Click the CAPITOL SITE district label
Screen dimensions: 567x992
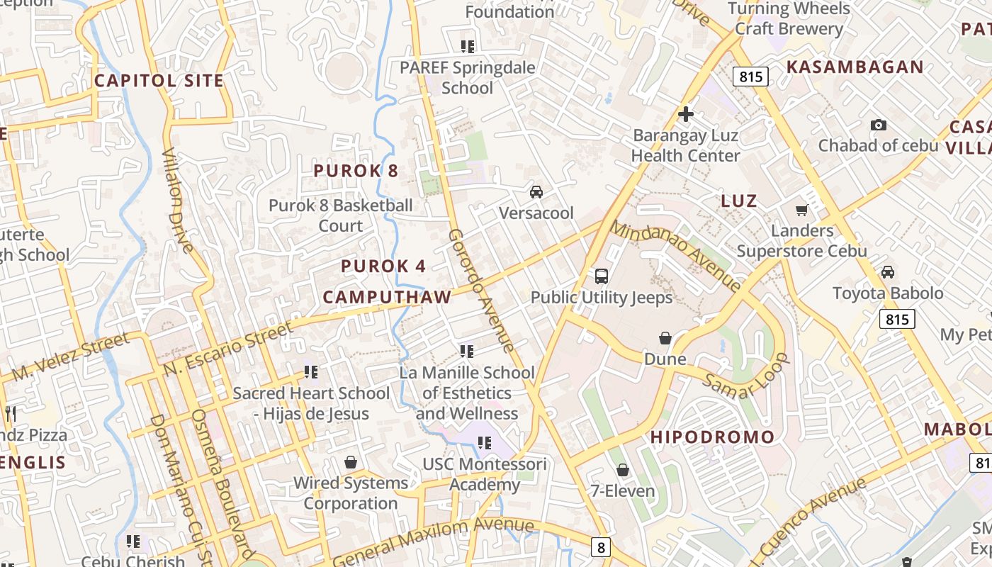pos(159,81)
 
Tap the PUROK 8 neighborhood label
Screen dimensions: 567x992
pos(356,171)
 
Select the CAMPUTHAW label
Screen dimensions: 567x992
pos(388,297)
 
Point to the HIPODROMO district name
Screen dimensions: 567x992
pos(713,437)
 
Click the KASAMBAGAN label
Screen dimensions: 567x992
pos(855,67)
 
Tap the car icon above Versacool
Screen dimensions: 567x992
pos(536,192)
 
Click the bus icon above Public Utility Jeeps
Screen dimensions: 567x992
pos(602,276)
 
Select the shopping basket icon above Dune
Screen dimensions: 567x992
pos(665,338)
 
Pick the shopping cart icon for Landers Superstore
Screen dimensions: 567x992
pos(802,210)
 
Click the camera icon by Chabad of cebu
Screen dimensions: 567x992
pos(879,125)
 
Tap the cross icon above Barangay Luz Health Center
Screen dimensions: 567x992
pos(685,114)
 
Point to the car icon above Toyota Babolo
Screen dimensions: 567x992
pos(888,272)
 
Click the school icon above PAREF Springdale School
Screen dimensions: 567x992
pos(467,47)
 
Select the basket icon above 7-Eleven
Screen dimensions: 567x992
pos(622,470)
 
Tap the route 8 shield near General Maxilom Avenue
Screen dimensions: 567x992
pos(601,546)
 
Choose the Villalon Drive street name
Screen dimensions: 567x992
pos(177,201)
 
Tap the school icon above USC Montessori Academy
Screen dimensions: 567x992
pos(485,444)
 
